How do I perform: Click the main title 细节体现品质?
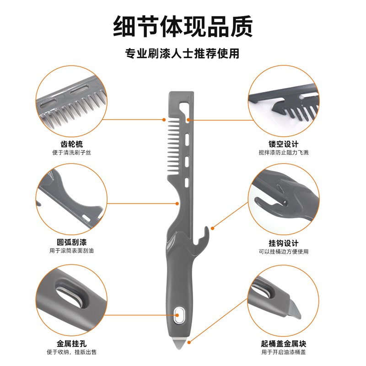(x=183, y=26)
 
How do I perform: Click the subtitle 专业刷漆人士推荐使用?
(x=183, y=54)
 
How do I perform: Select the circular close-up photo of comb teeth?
(x=71, y=101)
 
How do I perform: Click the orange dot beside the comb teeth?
(x=164, y=119)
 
